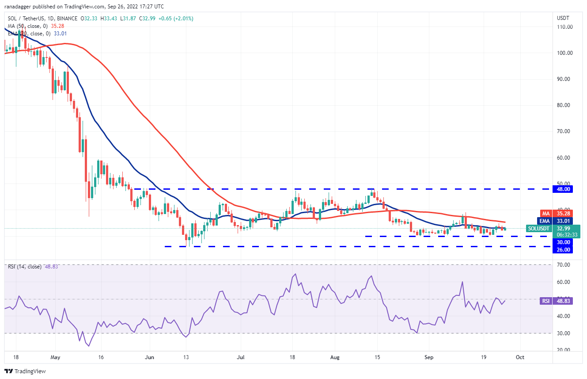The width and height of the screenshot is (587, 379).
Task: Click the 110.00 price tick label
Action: pyautogui.click(x=564, y=27)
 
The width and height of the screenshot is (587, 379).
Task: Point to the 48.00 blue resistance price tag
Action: pyautogui.click(x=564, y=189)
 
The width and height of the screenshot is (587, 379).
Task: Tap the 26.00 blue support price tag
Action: pyautogui.click(x=564, y=249)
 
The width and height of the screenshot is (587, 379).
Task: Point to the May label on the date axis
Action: pyautogui.click(x=55, y=357)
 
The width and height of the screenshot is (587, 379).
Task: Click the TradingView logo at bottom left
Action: pyautogui.click(x=25, y=371)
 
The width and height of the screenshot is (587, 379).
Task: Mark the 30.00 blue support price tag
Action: pyautogui.click(x=564, y=242)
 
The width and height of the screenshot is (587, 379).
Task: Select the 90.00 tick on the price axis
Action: pyautogui.click(x=564, y=79)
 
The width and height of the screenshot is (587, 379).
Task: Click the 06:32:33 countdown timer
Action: pyautogui.click(x=564, y=235)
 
